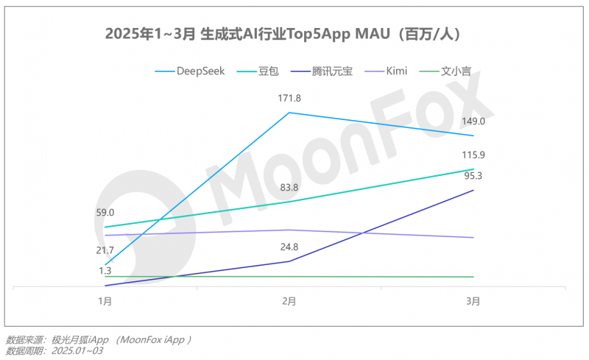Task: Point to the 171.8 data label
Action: [289, 98]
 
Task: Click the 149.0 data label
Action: [473, 121]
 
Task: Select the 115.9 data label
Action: [473, 155]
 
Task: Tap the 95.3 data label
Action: [473, 175]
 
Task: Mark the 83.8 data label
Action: [289, 187]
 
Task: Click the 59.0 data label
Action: [105, 213]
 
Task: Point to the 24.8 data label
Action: [289, 247]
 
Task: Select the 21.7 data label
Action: [105, 250]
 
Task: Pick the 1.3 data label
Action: [105, 271]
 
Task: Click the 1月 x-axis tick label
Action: [105, 301]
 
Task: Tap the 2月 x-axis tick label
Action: [289, 301]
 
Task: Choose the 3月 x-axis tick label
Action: [473, 301]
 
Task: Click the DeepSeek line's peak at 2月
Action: [289, 113]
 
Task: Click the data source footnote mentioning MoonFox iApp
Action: [99, 339]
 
